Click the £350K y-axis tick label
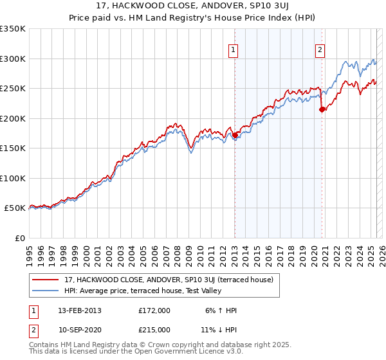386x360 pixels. (13, 29)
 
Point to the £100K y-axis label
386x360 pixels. (13, 178)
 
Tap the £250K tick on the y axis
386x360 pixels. (13, 89)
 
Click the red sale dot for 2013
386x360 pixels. (235, 135)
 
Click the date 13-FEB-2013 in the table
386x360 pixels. (80, 310)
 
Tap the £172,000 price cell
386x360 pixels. (154, 310)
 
